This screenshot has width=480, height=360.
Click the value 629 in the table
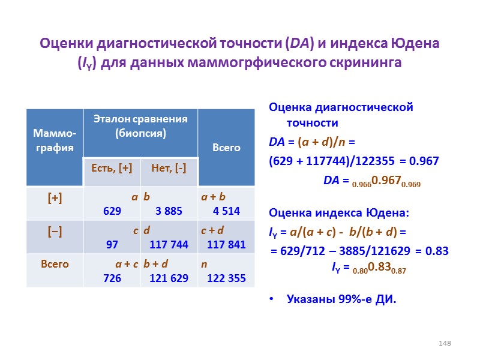(x=112, y=211)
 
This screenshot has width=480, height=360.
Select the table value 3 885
(x=170, y=211)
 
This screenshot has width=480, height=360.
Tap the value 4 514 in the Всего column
(x=227, y=211)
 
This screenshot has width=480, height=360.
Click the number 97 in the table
(x=112, y=244)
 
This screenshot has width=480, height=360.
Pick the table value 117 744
(x=169, y=244)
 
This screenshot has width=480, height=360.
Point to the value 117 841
(x=227, y=244)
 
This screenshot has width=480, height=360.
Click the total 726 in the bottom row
(x=112, y=278)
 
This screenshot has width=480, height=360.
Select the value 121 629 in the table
(x=169, y=278)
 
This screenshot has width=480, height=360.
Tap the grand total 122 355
(x=226, y=278)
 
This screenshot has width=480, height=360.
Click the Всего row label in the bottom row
(x=54, y=264)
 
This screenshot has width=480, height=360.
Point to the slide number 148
(x=444, y=343)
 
